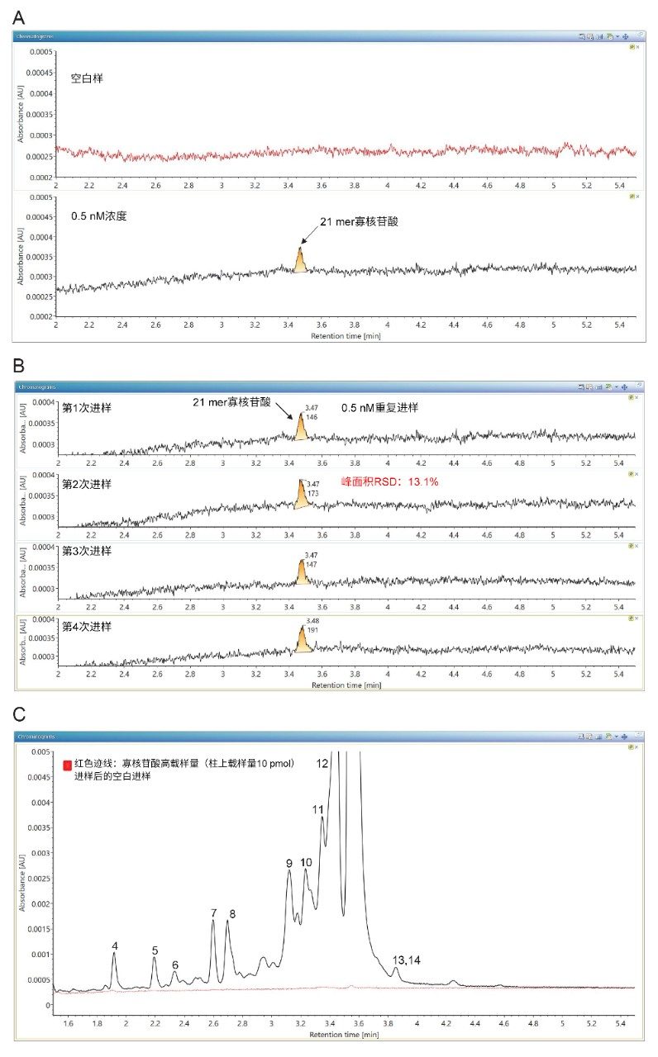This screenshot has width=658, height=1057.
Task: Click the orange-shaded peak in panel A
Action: pos(300,262)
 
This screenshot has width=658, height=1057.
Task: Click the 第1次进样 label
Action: pos(87,407)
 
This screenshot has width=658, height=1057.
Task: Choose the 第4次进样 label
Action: pos(87,626)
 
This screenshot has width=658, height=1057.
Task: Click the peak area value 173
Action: pos(312,493)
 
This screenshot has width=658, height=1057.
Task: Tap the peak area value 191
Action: pos(312,629)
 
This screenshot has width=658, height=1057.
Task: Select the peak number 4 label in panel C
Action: pos(115,946)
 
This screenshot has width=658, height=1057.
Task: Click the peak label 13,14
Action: pos(407,960)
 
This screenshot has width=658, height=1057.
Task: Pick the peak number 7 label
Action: pos(213,912)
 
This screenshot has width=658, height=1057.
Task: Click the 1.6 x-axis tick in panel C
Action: pos(68,1023)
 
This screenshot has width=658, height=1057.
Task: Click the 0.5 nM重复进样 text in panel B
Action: pos(381,407)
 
